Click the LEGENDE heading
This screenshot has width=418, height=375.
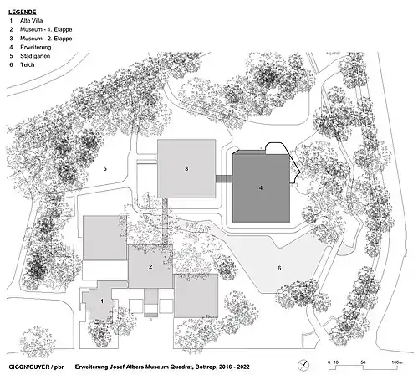tap(23, 12)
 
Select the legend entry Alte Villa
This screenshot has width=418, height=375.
tap(31, 21)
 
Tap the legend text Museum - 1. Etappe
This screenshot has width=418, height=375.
tap(46, 29)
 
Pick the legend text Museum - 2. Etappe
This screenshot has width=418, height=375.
tap(46, 39)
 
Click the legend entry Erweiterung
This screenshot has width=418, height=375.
tap(35, 47)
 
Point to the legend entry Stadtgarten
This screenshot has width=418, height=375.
tap(35, 56)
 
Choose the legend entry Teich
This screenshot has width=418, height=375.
tap(28, 64)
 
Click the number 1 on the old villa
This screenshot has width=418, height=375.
tap(102, 301)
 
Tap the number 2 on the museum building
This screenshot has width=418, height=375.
tap(150, 266)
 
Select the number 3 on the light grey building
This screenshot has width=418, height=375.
tap(186, 168)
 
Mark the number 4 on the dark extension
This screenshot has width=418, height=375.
tap(261, 187)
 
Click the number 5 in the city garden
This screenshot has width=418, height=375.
tap(104, 168)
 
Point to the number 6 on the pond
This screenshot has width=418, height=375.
tap(279, 268)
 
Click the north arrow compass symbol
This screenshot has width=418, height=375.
tap(303, 365)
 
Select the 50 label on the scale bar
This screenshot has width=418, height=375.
tap(363, 362)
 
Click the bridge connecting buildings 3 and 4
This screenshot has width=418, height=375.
tap(224, 179)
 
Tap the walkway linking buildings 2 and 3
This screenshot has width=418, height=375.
tap(166, 221)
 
